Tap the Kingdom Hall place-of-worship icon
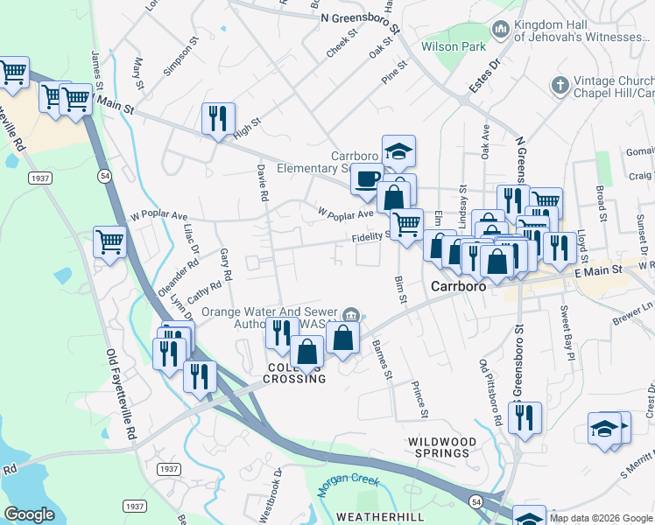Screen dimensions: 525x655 (x=501, y=31)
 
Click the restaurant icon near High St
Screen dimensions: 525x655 (x=218, y=118)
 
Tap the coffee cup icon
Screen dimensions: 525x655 (x=367, y=178)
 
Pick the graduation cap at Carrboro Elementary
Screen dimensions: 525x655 (x=398, y=150)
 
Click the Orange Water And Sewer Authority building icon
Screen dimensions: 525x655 (x=350, y=314)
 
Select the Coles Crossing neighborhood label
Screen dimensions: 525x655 (x=296, y=374)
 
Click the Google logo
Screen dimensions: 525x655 (x=29, y=514)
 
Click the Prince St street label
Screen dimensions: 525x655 (x=421, y=398)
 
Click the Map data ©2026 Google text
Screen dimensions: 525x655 (x=600, y=518)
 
